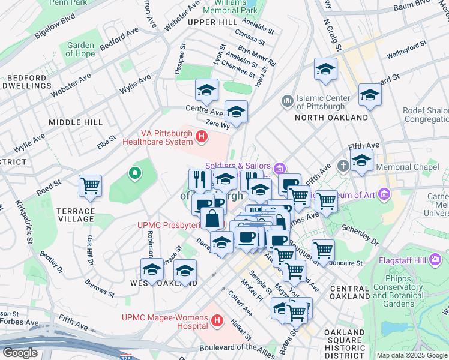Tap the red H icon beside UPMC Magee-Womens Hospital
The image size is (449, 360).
[217, 322]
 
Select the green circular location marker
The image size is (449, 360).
[135, 174]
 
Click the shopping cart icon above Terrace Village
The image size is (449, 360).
[90, 187]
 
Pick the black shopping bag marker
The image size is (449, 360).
[212, 218]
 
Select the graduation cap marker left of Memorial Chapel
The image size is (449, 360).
[361, 160]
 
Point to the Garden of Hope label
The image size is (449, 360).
[80, 49]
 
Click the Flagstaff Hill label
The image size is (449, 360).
[402, 261]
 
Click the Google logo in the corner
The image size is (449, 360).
[20, 353]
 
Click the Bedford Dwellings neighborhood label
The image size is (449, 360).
[26, 82]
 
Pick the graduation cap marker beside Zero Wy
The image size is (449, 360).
[236, 112]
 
